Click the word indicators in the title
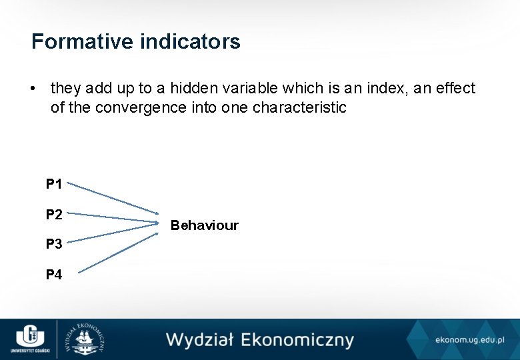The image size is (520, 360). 190,42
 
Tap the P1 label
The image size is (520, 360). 54,183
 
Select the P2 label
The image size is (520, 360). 54,214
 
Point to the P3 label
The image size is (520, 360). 54,244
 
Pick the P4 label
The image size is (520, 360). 54,274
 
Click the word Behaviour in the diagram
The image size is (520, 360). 204,225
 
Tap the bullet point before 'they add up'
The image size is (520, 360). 32,89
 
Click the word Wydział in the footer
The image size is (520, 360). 200,339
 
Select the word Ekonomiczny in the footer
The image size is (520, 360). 297,340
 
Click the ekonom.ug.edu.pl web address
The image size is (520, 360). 469,340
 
